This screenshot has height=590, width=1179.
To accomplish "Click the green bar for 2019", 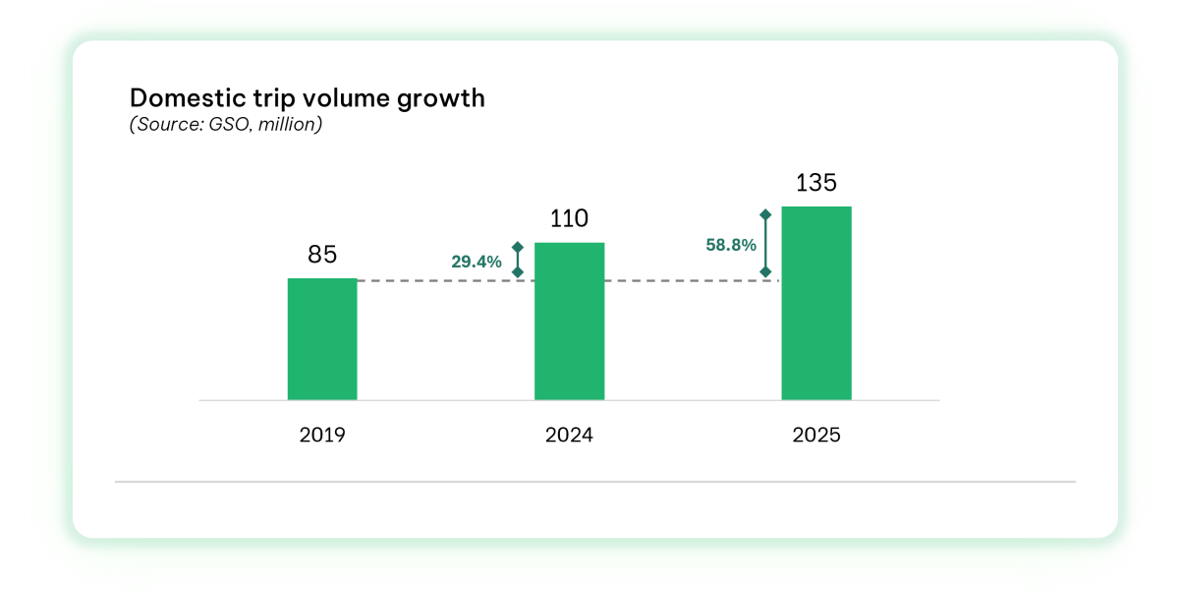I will coord(322,339).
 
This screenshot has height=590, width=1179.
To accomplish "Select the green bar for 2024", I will coord(569,321).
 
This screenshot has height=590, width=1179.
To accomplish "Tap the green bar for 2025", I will coord(815,303).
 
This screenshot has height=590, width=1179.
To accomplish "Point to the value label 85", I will coord(322,255).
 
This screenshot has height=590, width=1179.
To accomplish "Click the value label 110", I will coord(569,218).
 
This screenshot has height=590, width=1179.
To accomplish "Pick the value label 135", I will coord(815,183).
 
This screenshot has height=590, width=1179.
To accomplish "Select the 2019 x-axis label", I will coord(322,435).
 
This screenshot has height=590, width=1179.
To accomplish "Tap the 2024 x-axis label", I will coord(569,435).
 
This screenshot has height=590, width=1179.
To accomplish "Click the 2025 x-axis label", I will coord(815,435).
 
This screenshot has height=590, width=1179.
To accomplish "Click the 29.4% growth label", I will coord(477,262).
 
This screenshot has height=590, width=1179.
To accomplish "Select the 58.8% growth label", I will coord(731,244).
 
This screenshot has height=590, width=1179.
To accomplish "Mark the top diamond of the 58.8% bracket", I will coord(766,213).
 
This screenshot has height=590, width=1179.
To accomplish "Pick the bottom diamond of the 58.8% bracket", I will coord(766,272).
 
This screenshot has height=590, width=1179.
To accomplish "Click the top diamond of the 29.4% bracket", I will coord(518,248).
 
